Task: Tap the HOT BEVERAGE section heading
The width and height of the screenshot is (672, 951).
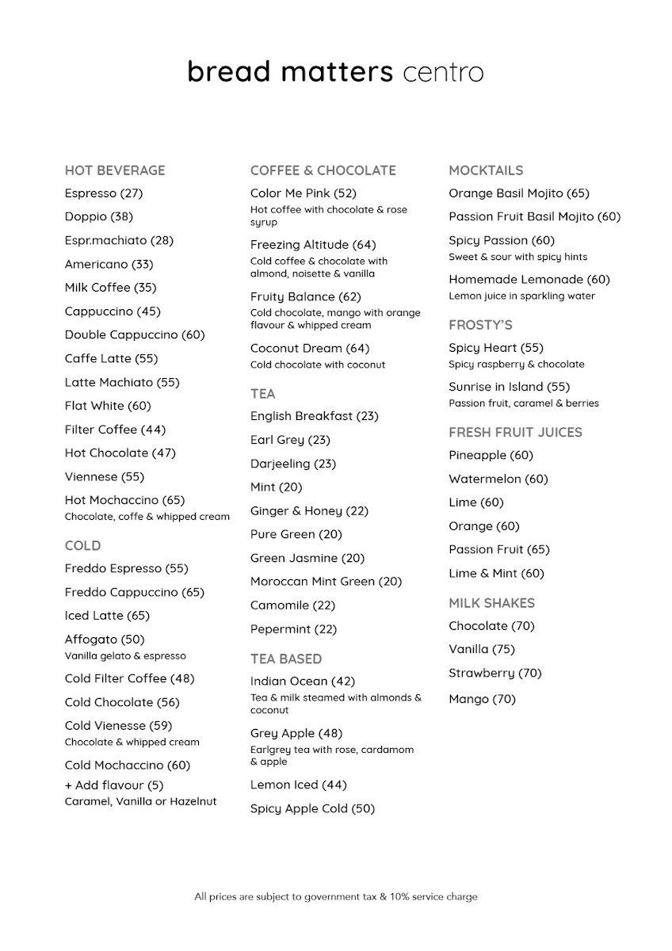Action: click(x=115, y=170)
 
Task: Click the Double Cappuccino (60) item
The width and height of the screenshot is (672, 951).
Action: click(x=135, y=335)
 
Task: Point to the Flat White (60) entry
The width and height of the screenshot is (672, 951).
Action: click(x=108, y=406)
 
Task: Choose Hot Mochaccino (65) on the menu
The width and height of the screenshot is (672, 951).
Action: click(x=124, y=500)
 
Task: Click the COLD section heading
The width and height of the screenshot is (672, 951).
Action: click(x=82, y=546)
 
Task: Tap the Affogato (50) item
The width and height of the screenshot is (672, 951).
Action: click(x=105, y=640)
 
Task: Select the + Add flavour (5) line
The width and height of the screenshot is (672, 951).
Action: click(x=114, y=785)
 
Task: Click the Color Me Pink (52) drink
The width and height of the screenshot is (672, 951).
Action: click(x=304, y=193)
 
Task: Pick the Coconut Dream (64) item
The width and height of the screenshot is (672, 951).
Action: click(x=310, y=349)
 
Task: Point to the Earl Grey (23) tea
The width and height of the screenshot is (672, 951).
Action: click(x=290, y=440)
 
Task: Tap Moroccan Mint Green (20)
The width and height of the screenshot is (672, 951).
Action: click(x=326, y=582)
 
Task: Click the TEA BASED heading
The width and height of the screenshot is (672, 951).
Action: click(x=286, y=659)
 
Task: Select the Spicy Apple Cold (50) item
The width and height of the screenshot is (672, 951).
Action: click(x=312, y=809)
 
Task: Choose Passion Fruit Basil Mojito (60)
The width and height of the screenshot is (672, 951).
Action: click(x=534, y=217)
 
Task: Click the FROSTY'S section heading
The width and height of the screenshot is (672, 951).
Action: click(x=480, y=325)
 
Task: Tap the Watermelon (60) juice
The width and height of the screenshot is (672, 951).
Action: click(x=498, y=479)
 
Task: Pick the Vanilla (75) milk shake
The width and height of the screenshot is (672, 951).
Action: click(x=481, y=650)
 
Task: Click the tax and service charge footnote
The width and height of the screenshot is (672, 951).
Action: click(x=336, y=897)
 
